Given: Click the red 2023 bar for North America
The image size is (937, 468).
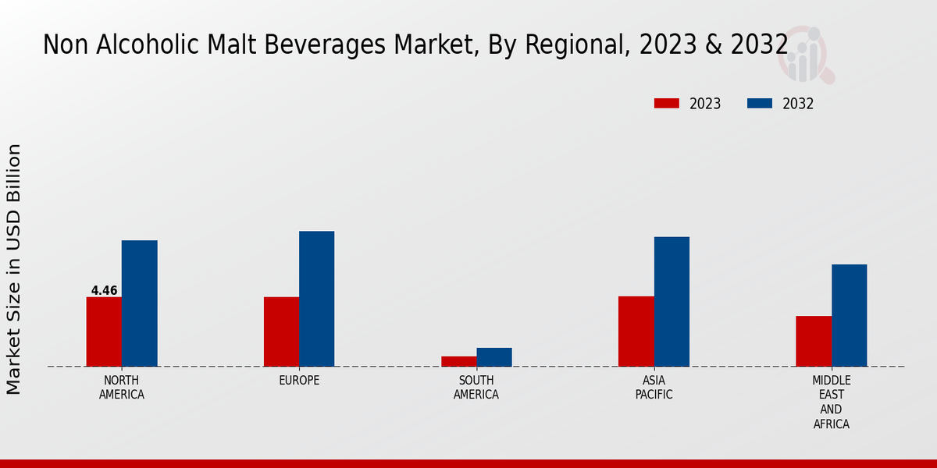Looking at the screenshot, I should (104, 331).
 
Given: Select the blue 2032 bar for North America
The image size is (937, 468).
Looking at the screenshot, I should (139, 303).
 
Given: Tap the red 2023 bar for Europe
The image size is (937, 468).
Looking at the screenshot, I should (281, 331).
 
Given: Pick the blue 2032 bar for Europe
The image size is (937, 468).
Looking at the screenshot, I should (316, 299).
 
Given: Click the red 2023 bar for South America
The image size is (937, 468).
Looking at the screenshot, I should (458, 361).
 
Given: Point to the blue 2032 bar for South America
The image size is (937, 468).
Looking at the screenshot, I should (494, 357).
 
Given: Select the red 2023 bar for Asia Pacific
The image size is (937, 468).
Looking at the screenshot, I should (636, 331).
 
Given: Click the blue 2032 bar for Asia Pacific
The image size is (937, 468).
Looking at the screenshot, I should (672, 301).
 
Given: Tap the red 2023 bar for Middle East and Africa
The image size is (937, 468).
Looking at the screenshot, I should (813, 341).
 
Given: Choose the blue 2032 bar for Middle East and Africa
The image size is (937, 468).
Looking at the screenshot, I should (849, 315).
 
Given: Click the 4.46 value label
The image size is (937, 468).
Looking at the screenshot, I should (104, 291).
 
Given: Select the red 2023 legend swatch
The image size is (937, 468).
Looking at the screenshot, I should (667, 104).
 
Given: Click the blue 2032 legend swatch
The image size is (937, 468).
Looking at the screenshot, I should (760, 104).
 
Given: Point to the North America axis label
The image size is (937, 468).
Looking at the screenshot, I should (121, 388).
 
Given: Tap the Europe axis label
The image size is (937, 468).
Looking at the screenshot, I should (299, 381).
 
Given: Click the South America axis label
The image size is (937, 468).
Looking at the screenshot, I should (476, 388).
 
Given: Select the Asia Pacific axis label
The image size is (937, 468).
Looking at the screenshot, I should (654, 388).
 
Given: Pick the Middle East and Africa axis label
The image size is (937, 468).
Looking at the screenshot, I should (831, 402).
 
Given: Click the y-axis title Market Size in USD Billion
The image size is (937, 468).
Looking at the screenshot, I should (14, 269).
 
